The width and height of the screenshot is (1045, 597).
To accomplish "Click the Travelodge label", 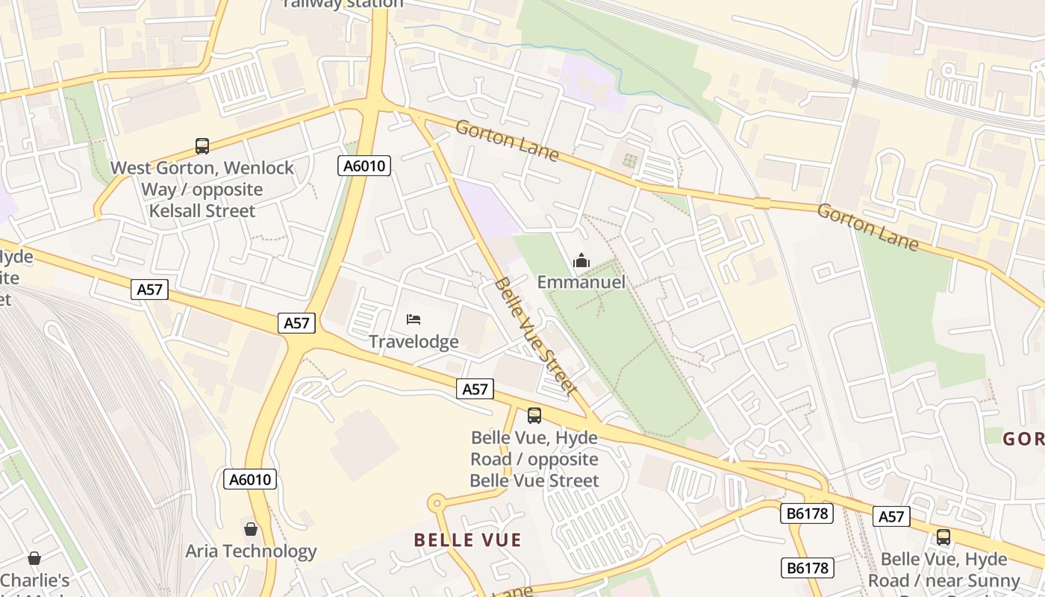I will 414,342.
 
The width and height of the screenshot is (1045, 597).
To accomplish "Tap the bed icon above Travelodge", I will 414,319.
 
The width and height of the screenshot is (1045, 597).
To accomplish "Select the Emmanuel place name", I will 581,282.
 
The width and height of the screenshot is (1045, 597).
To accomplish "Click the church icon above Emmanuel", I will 581,260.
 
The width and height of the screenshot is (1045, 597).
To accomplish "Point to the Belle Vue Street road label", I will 535,335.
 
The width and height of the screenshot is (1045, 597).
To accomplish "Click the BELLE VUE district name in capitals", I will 467,540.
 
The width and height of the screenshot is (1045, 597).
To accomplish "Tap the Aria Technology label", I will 251,551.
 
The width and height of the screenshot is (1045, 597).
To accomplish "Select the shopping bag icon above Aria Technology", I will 251,529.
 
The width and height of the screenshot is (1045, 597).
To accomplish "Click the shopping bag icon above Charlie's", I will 34,558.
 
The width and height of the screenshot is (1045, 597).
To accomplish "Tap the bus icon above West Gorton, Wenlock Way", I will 202,146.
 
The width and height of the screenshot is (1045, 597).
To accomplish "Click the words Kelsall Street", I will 202,210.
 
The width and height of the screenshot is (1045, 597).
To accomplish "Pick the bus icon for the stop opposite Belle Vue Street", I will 534,416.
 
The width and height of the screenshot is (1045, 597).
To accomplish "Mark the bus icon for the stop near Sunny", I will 943,537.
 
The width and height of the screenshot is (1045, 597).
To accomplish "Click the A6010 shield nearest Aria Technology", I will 250,479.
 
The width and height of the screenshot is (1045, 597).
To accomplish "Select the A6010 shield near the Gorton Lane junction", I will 364,166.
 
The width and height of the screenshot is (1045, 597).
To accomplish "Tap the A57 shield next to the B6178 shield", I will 891,516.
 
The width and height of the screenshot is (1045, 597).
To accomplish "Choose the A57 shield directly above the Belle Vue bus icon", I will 475,389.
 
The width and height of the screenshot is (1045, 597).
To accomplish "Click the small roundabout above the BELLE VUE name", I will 437,504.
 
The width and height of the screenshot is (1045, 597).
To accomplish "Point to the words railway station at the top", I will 343,4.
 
